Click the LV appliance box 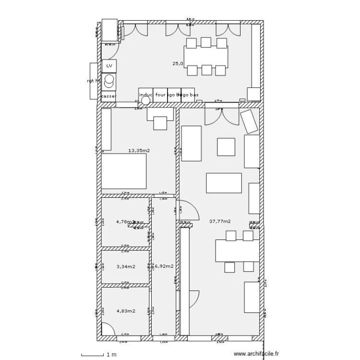[109, 66]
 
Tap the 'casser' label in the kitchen [109, 96]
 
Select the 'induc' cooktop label [145, 95]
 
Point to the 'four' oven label [160, 95]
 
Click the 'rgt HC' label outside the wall [94, 81]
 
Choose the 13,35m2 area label [139, 151]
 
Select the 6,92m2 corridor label [163, 266]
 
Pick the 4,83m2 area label [126, 311]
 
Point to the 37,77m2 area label [220, 222]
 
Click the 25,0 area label [178, 63]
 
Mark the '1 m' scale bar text [111, 355]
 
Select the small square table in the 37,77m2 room [226, 147]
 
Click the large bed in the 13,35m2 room [123, 171]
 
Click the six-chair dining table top [206, 57]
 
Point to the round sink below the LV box [109, 79]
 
